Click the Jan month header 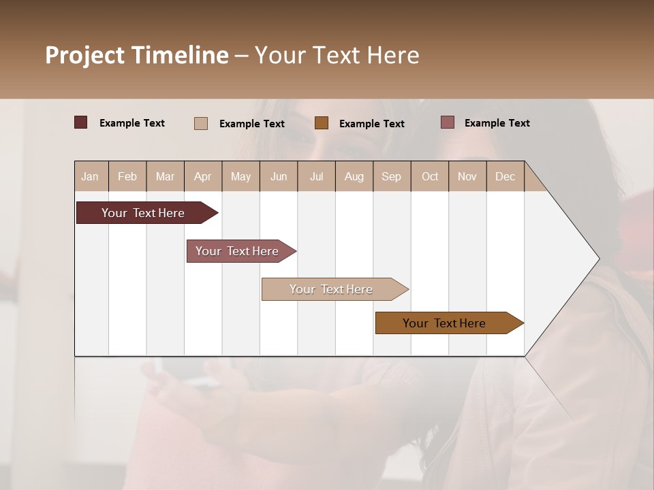[91, 176]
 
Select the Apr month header [203, 176]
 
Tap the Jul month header [317, 176]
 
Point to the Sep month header [392, 176]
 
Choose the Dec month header [505, 176]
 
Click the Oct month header [430, 176]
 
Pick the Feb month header [127, 176]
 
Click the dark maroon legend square [81, 122]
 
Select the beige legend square [201, 123]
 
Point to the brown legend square [322, 123]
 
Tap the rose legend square [448, 122]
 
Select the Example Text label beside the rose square [497, 123]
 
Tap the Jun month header [279, 176]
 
